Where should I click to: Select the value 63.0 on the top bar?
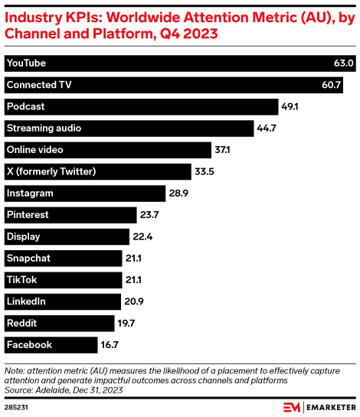click(x=342, y=63)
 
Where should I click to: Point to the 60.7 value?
click(x=331, y=84)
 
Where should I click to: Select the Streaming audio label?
click(x=43, y=128)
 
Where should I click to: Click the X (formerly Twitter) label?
click(x=51, y=171)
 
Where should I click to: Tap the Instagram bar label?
click(x=29, y=193)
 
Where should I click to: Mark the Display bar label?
click(x=23, y=236)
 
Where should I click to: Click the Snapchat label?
click(x=28, y=258)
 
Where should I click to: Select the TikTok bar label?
click(x=21, y=280)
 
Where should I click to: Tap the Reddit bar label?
click(x=21, y=323)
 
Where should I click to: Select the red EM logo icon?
click(x=290, y=406)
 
